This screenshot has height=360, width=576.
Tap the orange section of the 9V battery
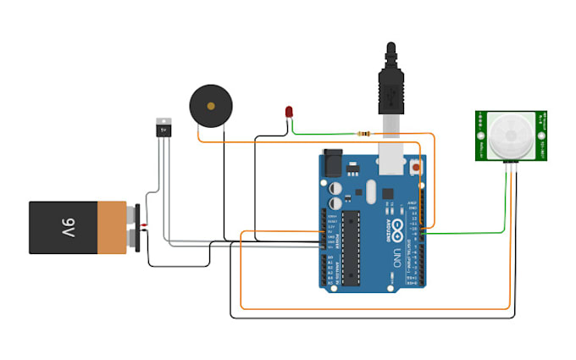pyautogui.click(x=113, y=227)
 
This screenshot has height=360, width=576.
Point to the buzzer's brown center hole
pyautogui.click(x=209, y=105)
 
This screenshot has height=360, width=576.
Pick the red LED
pyautogui.click(x=290, y=112)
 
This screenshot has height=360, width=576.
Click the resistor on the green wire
pyautogui.click(x=365, y=133)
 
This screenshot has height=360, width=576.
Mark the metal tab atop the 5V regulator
pyautogui.click(x=164, y=120)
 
